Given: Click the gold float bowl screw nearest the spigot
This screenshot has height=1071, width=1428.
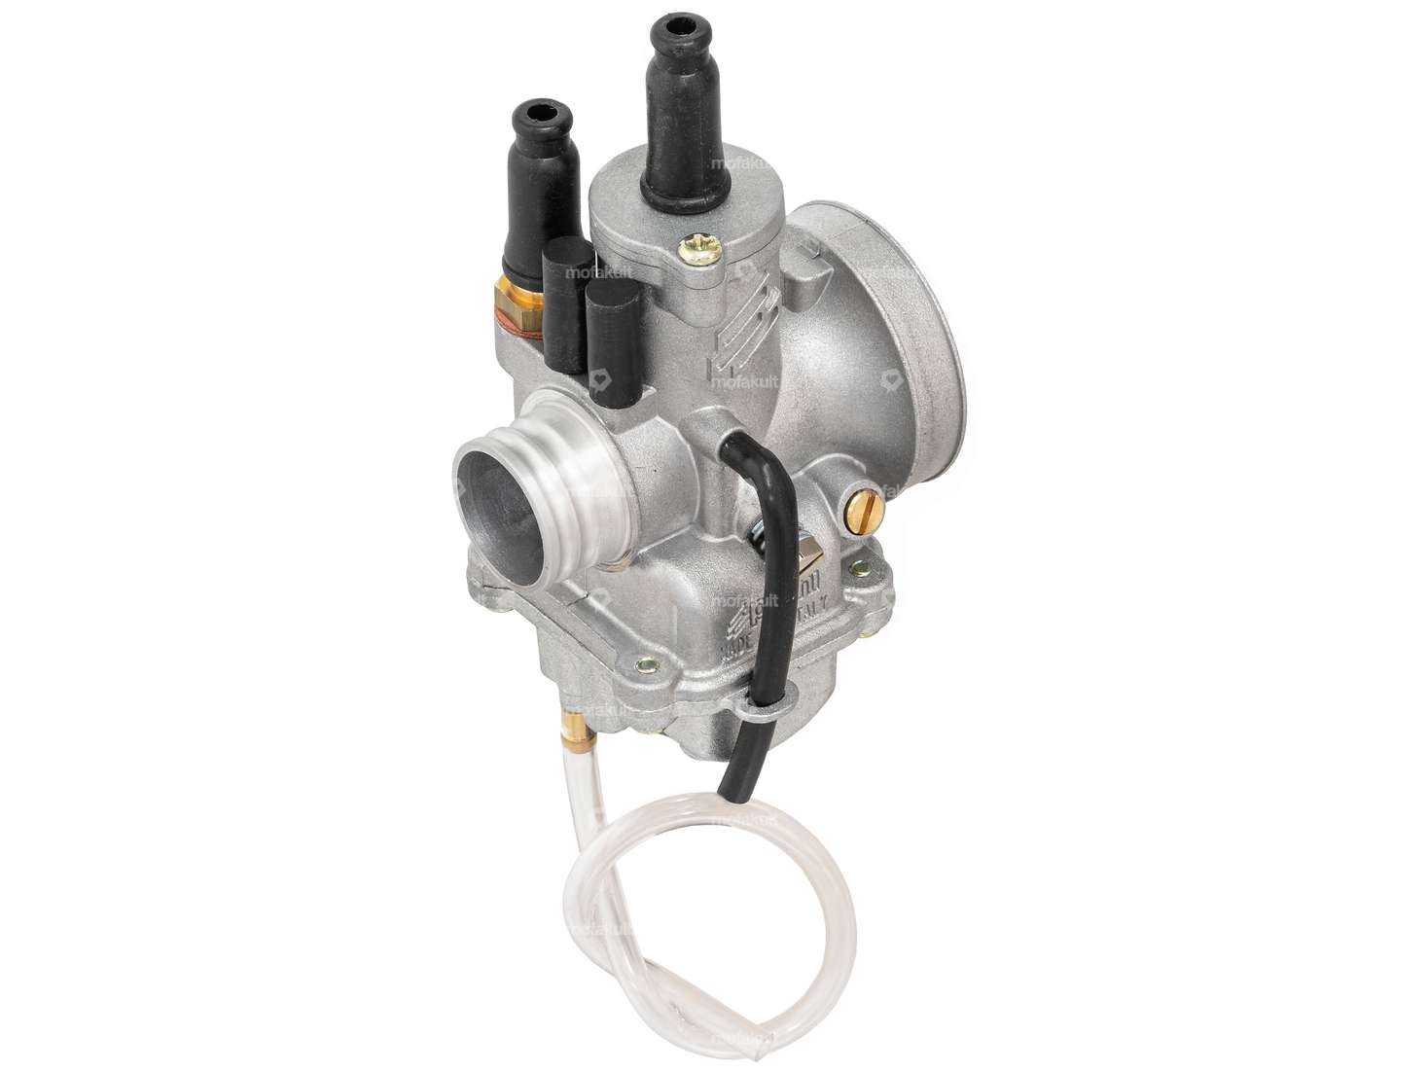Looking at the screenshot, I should [x=645, y=667].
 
